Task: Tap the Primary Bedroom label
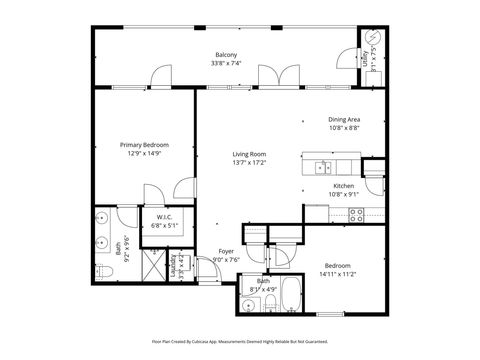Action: pyautogui.click(x=140, y=145)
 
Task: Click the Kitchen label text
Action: pyautogui.click(x=344, y=186)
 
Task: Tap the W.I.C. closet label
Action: pyautogui.click(x=162, y=217)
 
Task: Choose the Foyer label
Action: pyautogui.click(x=227, y=252)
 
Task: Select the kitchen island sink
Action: pyautogui.click(x=323, y=166)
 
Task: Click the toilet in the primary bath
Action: pyautogui.click(x=101, y=272)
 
